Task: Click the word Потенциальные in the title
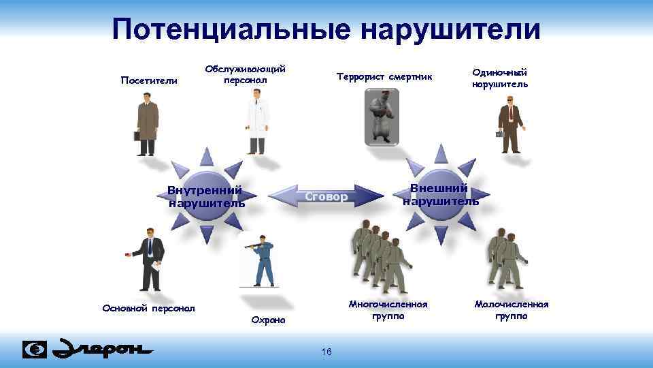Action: [x=232, y=30]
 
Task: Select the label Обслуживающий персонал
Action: [x=245, y=74]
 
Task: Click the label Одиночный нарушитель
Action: [x=499, y=78]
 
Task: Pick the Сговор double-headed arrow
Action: [x=326, y=197]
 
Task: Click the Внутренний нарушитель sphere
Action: [x=205, y=196]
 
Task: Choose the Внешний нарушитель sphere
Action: [x=441, y=195]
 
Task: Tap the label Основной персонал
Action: [x=148, y=308]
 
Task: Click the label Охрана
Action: [x=269, y=320]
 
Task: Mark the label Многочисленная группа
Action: [x=388, y=310]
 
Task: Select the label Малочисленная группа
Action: [x=511, y=310]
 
